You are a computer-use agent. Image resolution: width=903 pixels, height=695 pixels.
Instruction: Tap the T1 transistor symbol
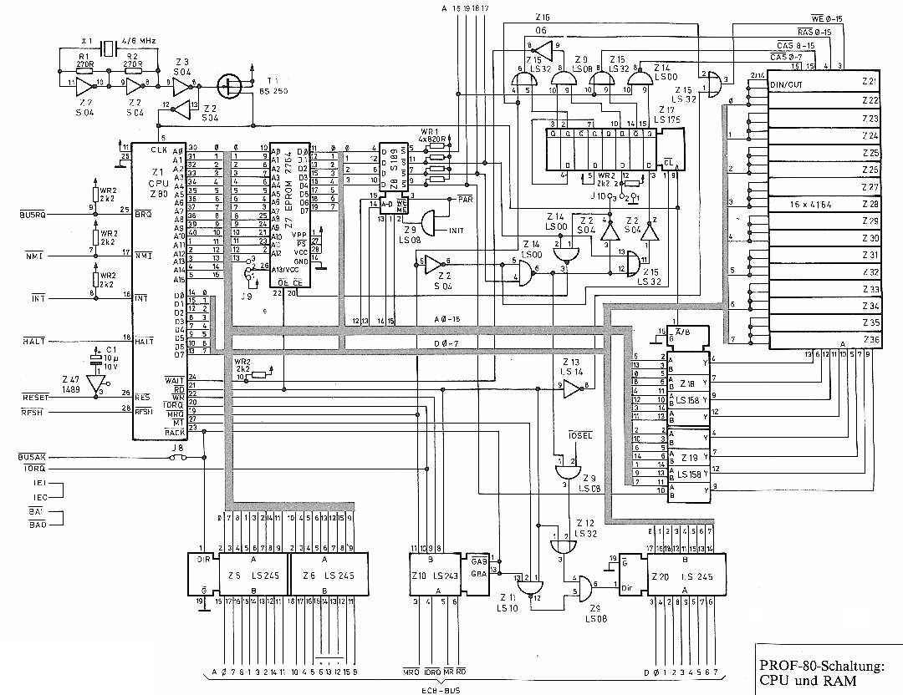point(227,84)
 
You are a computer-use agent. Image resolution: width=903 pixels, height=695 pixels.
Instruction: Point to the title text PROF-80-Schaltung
point(822,667)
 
